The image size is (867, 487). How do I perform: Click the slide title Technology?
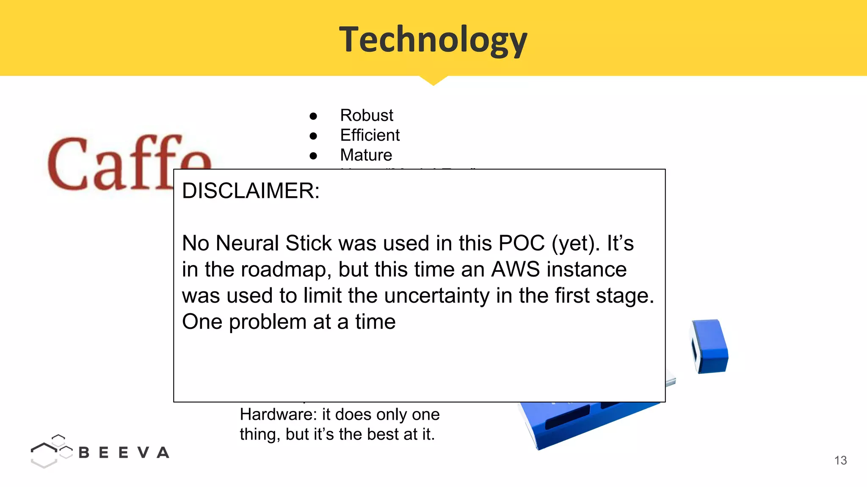tap(433, 40)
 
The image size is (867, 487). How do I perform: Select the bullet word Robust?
tap(367, 115)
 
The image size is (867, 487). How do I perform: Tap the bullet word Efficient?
tap(370, 135)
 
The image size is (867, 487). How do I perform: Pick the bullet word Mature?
tap(366, 155)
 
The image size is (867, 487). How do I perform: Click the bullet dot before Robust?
tap(313, 116)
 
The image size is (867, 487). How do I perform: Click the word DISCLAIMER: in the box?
tap(251, 191)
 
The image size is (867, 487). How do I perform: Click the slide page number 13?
tap(840, 460)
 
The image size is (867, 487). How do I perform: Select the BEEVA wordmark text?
tap(124, 453)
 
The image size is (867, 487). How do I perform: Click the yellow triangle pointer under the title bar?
tap(433, 80)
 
